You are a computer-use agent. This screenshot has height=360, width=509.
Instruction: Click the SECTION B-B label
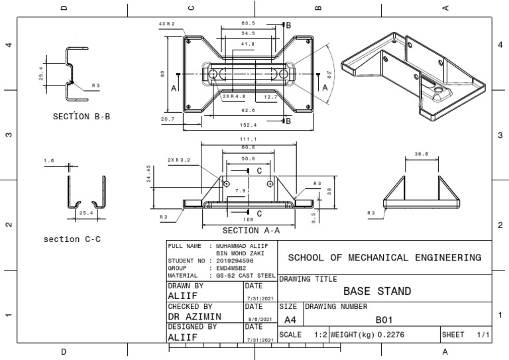click(81, 116)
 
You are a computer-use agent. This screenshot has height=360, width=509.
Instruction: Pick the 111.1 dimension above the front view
click(248, 139)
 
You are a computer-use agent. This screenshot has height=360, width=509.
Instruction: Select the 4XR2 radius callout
click(166, 23)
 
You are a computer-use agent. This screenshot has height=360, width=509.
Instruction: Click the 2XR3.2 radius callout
click(178, 160)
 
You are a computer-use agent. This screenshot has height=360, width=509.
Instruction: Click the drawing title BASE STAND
click(377, 291)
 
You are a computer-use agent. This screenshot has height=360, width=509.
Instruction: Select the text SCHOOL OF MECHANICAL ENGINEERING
click(384, 257)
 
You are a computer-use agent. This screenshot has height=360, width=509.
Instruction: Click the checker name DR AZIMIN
click(195, 318)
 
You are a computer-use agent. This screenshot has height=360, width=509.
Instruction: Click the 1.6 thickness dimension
click(48, 161)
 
